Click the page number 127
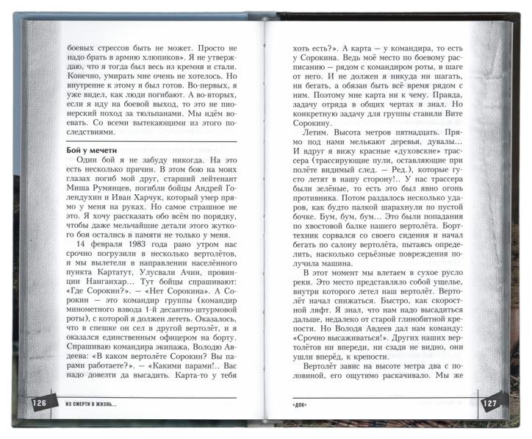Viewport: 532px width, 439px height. click(x=490, y=404)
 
